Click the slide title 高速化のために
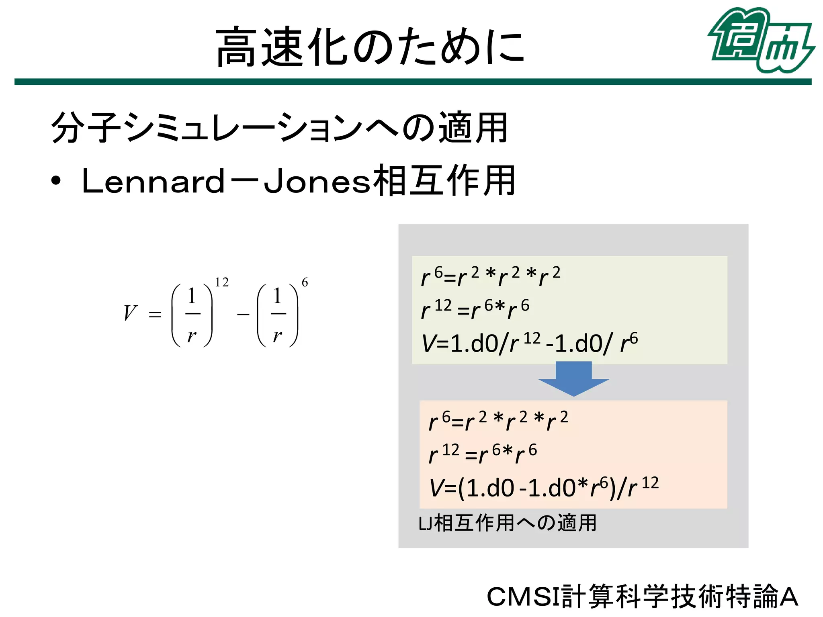tap(370, 46)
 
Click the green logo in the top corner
tap(761, 40)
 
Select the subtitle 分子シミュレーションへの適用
tap(279, 128)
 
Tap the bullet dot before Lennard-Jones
tap(56, 181)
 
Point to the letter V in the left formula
tap(130, 313)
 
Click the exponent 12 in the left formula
tap(222, 282)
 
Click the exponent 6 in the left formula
tap(305, 282)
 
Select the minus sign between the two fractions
tap(243, 315)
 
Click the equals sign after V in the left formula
tap(155, 315)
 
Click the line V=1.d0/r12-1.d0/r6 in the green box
tap(529, 343)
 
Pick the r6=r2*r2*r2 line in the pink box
tap(498, 421)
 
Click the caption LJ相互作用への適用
tap(507, 523)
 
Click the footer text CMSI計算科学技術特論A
tap(642, 597)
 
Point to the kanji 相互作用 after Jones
tap(444, 181)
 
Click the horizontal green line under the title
tap(413, 82)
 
